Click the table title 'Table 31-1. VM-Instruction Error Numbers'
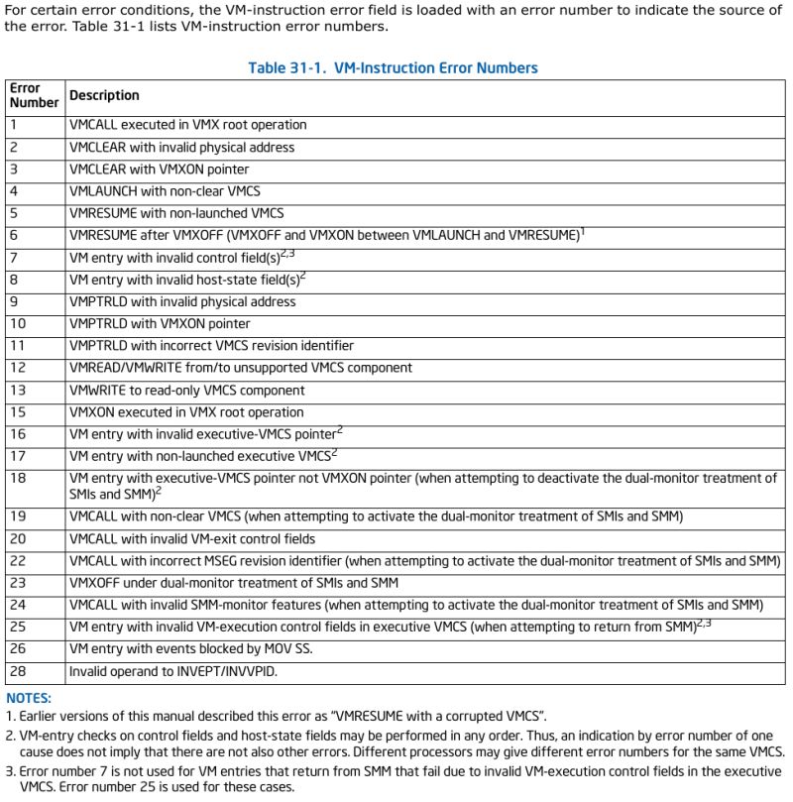(x=393, y=68)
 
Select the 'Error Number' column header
(x=34, y=95)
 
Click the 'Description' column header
(x=104, y=95)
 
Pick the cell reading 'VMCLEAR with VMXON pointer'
(x=159, y=170)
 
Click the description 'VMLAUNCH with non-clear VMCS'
(x=165, y=191)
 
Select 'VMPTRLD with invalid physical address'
(x=181, y=301)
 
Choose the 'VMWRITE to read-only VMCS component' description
(x=190, y=390)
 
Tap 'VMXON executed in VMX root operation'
(x=186, y=412)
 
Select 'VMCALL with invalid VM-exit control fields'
(x=191, y=538)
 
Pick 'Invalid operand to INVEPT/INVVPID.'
(x=171, y=671)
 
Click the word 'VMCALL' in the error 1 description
(x=92, y=125)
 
